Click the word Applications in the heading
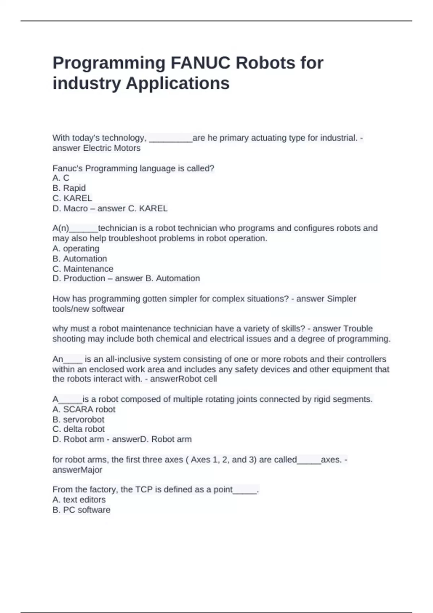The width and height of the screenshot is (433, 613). point(177,83)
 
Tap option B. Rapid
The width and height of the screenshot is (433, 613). point(69,188)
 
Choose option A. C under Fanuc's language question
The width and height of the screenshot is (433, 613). point(61,178)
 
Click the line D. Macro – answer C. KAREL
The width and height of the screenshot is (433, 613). point(110,208)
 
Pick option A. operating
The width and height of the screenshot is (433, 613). point(76,248)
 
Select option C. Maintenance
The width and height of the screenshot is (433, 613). point(83,269)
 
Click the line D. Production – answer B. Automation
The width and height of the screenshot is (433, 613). point(126,278)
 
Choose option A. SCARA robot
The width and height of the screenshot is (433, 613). point(84,409)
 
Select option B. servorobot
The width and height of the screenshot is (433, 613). point(78,419)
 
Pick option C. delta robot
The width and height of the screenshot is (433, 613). point(78,429)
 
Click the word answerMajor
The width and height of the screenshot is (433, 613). point(77,469)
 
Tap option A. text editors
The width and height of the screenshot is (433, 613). point(79,499)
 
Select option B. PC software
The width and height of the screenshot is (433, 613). point(81,510)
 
